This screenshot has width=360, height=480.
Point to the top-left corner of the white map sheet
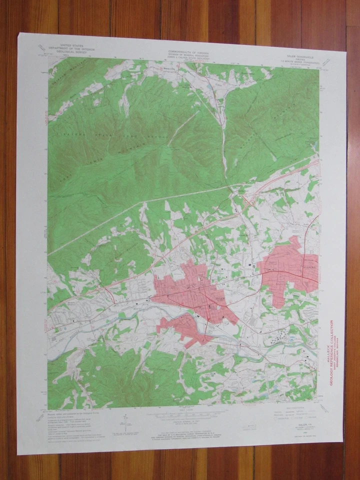coord(20,34)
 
